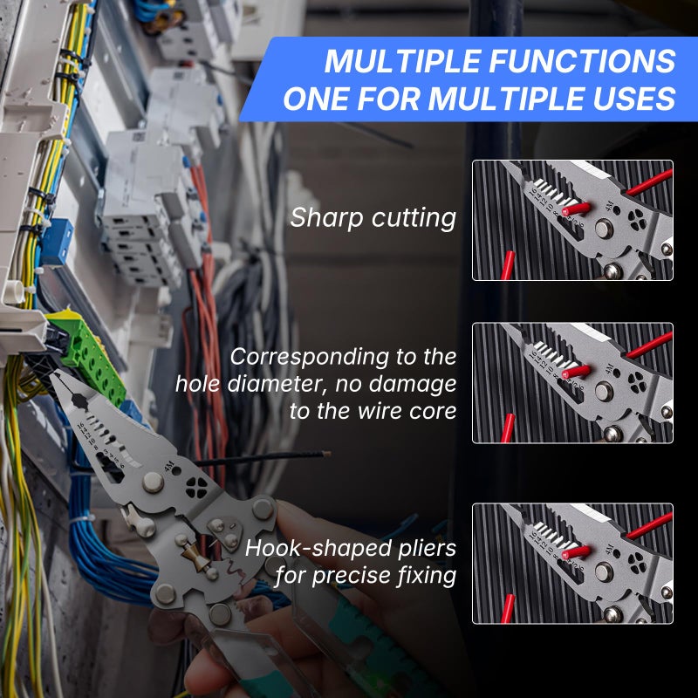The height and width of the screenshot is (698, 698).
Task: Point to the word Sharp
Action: coord(328,217)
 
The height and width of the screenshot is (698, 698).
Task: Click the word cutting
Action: coord(414,217)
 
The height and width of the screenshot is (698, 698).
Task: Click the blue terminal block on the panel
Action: coord(57,243)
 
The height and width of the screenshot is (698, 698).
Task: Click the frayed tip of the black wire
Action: coord(325,454)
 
